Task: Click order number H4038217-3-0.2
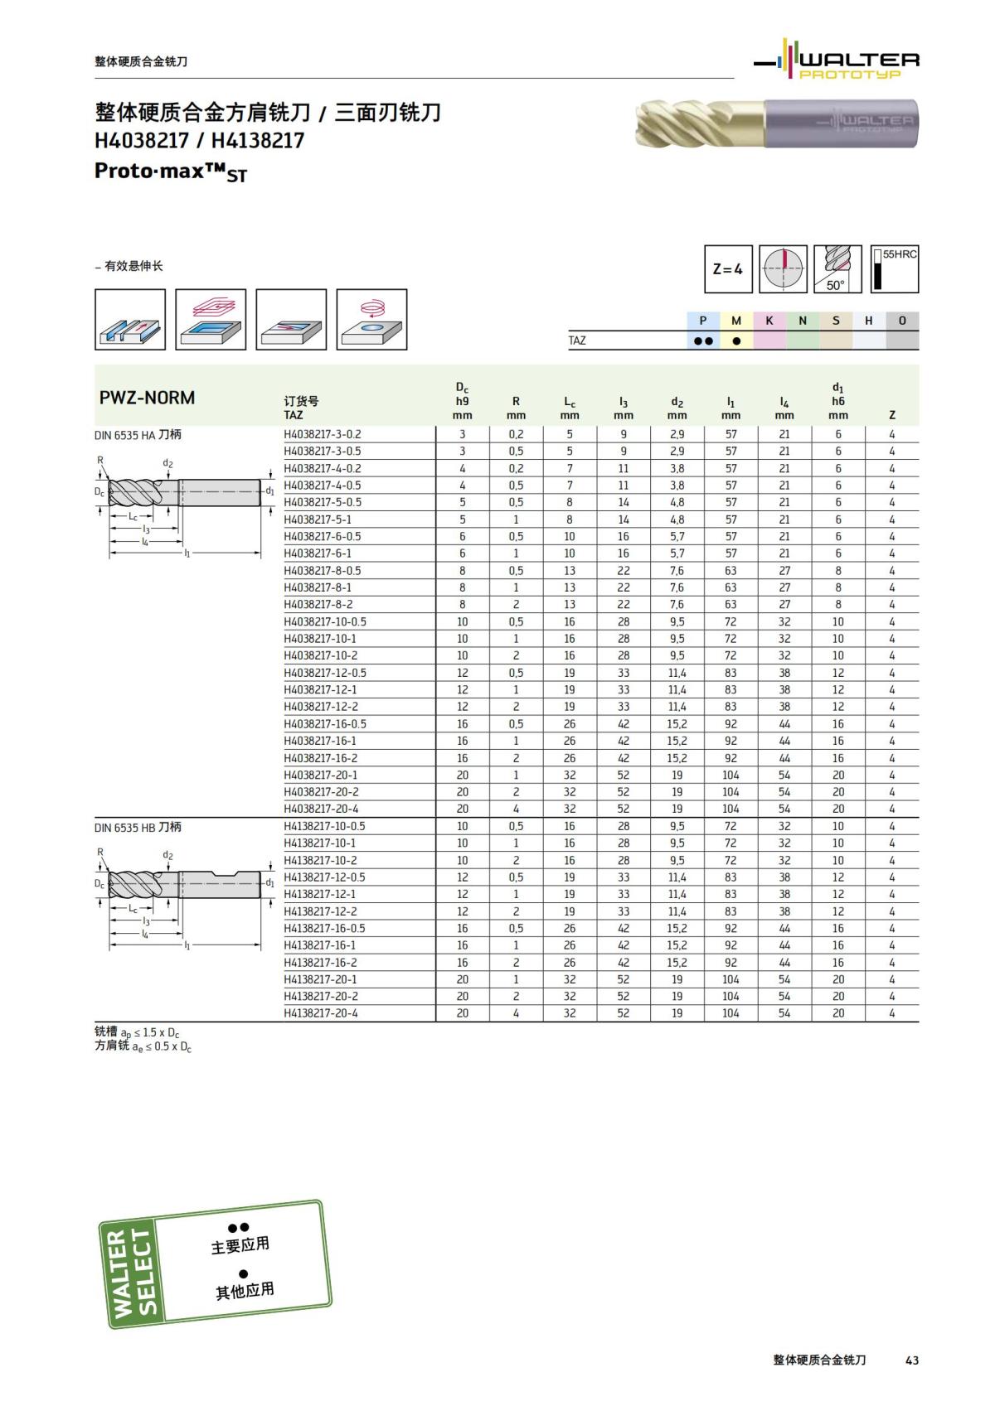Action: (x=323, y=434)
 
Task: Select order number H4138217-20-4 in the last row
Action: (x=322, y=1013)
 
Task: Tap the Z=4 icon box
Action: (x=728, y=269)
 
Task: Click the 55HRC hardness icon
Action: (x=894, y=269)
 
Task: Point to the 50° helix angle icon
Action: (x=837, y=269)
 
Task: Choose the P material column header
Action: (x=703, y=321)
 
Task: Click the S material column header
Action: (x=836, y=321)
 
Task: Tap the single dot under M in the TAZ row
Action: (x=736, y=341)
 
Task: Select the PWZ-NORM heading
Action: (x=148, y=398)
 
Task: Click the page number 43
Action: (x=912, y=1360)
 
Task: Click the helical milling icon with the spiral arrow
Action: (x=372, y=319)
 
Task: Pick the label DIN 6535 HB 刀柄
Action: (x=138, y=827)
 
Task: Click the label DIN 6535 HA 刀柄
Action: (x=138, y=434)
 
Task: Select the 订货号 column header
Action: (x=301, y=401)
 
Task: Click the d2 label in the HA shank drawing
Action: (x=167, y=463)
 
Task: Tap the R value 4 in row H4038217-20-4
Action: (x=516, y=809)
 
